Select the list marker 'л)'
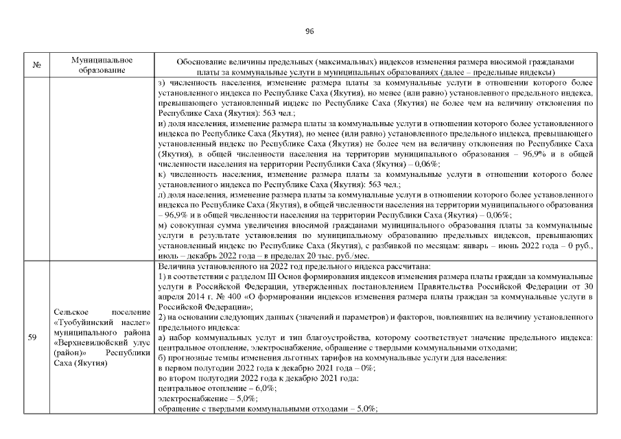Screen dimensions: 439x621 pos(163,195)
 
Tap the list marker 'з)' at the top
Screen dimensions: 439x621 pos(162,84)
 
